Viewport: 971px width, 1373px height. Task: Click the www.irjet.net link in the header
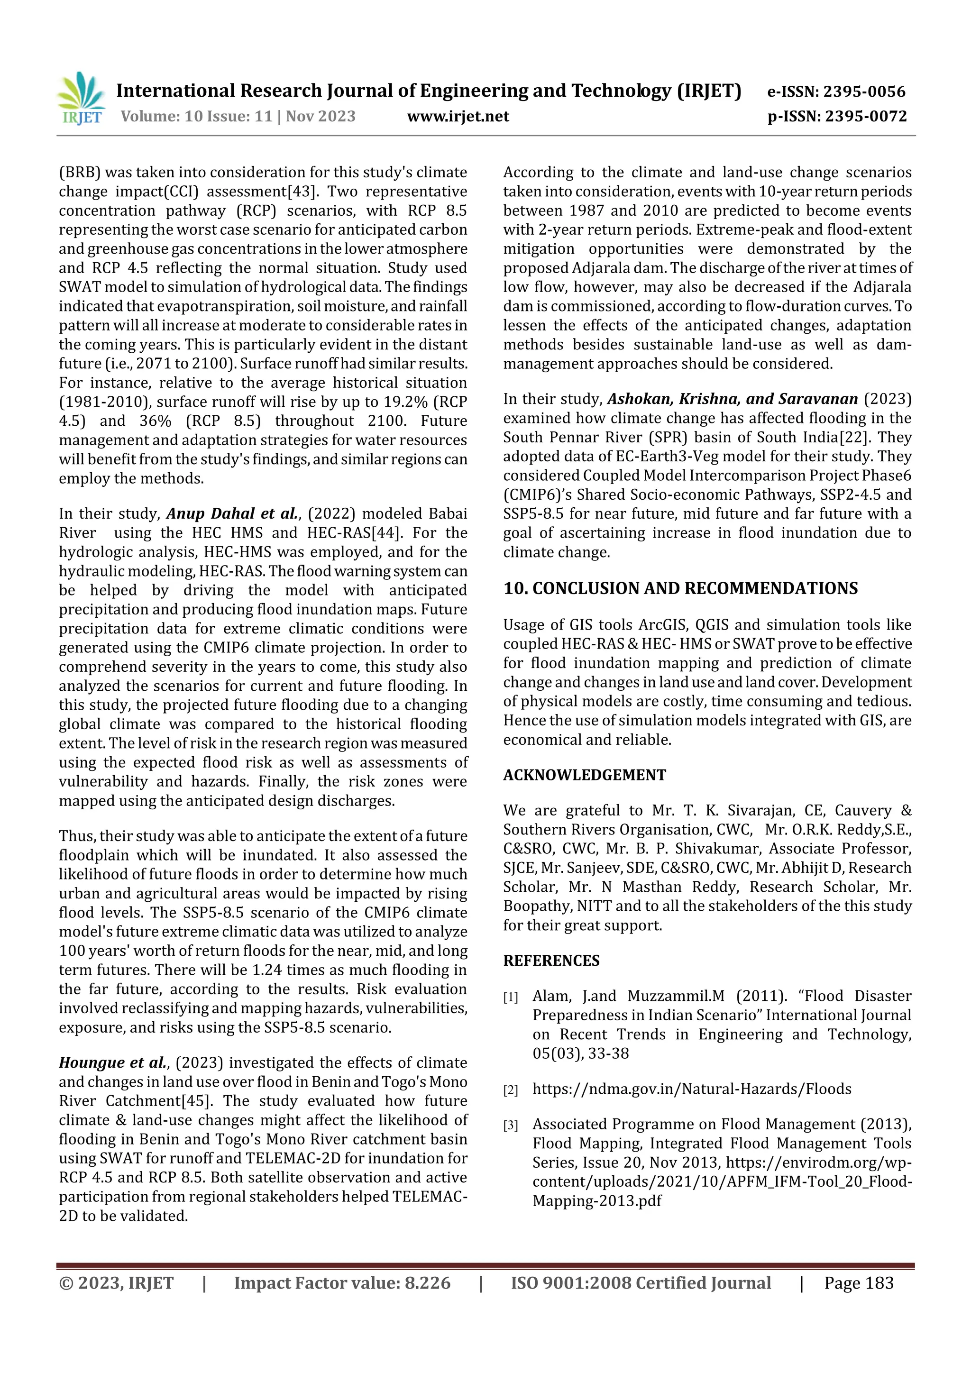click(458, 116)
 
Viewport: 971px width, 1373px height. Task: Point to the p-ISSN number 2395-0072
click(866, 116)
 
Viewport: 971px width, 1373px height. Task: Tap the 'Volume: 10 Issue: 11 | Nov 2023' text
click(238, 116)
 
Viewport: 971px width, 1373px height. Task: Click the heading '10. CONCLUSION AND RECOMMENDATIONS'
click(680, 588)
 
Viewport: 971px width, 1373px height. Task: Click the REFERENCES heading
click(551, 961)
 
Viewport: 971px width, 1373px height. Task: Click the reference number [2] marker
click(510, 1089)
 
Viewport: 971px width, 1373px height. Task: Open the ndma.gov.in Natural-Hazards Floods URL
click(692, 1089)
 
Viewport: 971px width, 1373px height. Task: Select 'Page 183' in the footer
click(859, 1283)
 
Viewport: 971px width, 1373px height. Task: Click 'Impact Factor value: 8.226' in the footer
click(342, 1283)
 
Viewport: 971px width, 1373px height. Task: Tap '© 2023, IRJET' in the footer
click(116, 1283)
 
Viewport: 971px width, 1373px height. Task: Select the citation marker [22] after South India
click(855, 437)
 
